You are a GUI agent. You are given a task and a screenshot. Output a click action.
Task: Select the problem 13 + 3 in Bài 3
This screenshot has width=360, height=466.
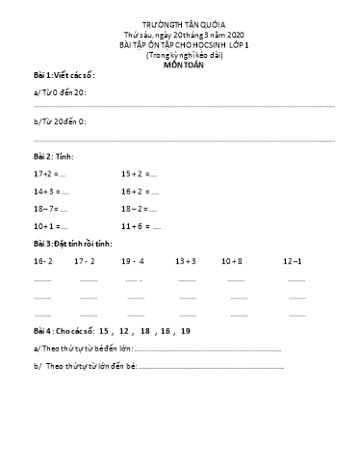(x=186, y=261)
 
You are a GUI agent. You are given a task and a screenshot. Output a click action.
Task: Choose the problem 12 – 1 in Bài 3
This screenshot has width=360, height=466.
(x=293, y=261)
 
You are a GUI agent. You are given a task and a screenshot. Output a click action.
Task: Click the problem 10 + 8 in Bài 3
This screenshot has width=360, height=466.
(x=232, y=261)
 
